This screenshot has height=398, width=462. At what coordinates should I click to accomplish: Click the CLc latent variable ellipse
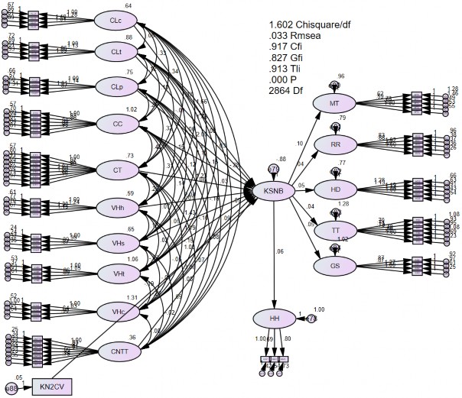117,19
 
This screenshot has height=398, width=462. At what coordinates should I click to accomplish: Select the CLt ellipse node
117,51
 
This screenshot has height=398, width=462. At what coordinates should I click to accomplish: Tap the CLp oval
117,86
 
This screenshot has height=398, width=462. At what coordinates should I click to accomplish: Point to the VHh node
117,205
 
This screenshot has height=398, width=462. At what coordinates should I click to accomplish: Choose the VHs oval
117,241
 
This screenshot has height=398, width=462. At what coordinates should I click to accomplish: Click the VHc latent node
117,310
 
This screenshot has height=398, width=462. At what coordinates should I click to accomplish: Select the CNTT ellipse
117,351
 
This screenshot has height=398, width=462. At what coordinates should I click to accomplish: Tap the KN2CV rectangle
51,388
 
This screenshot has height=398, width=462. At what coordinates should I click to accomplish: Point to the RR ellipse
334,145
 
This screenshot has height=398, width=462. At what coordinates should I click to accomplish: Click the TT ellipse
334,228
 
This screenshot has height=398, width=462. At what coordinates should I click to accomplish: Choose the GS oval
334,265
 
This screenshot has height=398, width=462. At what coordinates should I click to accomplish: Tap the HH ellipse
273,318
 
